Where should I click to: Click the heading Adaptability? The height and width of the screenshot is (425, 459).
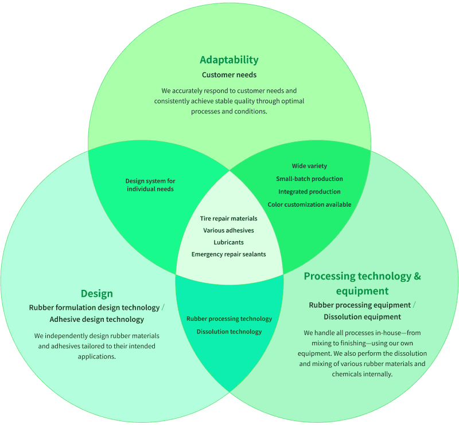229,60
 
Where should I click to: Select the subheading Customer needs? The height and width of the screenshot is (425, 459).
229,75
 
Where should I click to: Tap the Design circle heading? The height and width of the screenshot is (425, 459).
96,294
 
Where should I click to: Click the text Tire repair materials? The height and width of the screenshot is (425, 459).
228,218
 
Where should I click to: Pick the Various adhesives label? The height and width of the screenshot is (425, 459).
228,230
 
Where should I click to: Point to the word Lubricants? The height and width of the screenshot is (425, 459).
228,242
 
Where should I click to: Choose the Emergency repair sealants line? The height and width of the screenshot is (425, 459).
228,254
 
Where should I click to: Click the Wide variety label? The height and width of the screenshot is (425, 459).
309,166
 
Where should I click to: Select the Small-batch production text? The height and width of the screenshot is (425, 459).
309,179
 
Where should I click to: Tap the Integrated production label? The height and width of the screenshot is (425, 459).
309,192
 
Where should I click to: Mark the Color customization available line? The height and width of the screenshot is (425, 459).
309,204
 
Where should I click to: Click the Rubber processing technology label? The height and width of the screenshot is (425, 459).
229,319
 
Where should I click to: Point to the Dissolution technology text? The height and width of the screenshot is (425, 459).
229,332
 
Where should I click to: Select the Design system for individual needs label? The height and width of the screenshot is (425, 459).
150,185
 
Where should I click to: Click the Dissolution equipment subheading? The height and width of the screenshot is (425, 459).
362,317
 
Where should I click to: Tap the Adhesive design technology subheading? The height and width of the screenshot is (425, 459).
96,320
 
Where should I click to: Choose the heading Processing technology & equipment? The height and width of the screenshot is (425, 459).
362,283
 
